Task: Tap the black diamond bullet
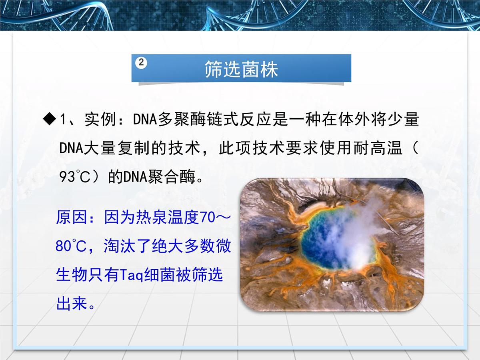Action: (x=50, y=119)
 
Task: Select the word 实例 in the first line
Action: (x=96, y=120)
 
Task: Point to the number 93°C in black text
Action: (x=75, y=176)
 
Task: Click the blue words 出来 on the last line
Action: (x=71, y=304)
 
